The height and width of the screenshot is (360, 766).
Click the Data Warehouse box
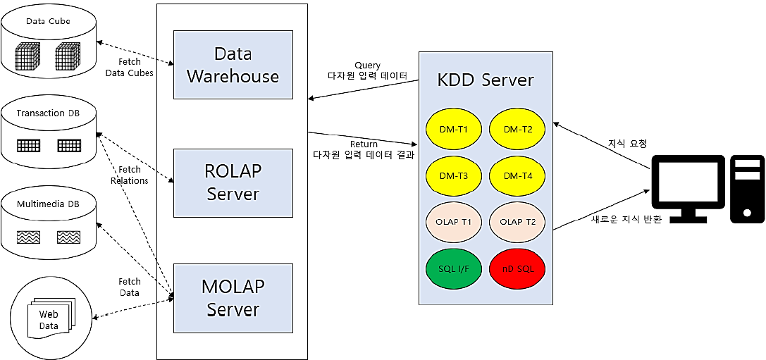pos(233,65)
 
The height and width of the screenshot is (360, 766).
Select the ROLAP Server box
pos(233,183)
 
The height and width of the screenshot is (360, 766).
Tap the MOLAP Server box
pos(233,298)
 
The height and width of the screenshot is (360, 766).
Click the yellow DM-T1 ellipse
pos(452,130)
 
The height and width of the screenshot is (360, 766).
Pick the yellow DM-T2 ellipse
pos(517,130)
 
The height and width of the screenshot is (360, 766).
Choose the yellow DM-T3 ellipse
pos(452,175)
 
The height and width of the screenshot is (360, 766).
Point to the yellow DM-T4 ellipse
pos(517,175)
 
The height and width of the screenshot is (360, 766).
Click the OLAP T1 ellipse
pos(452,222)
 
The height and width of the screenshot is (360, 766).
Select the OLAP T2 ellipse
pos(517,222)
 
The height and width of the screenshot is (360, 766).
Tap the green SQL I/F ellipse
pos(452,268)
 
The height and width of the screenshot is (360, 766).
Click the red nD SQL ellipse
pos(517,268)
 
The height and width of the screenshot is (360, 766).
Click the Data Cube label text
pos(48,21)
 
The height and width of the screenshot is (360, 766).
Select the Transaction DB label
pos(48,113)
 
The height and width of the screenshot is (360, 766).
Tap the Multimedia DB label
pos(48,205)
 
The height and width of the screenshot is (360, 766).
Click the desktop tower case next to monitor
pos(748,189)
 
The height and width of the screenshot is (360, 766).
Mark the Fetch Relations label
pos(129,175)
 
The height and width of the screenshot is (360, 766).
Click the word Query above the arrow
pos(367,66)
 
